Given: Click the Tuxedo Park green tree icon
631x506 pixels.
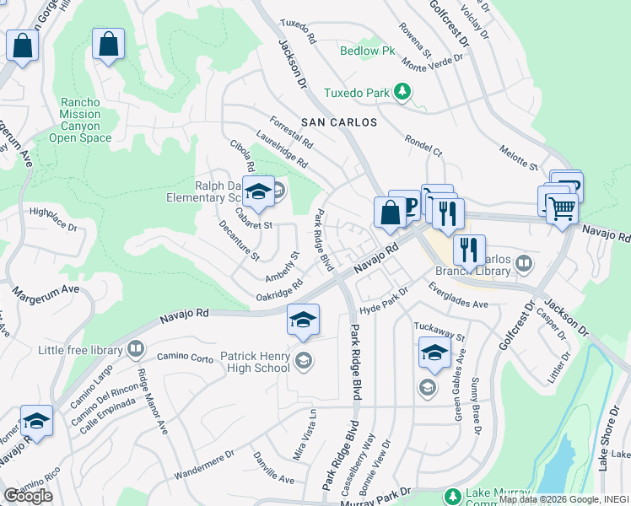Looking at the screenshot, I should (x=403, y=91).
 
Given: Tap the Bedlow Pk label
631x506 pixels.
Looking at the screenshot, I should (x=367, y=51).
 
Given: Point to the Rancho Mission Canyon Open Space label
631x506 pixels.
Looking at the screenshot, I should (x=80, y=120).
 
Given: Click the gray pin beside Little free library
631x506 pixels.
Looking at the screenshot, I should (x=135, y=349).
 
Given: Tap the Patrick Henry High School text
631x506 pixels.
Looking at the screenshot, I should (x=255, y=362).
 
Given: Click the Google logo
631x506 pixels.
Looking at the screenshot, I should (x=28, y=495).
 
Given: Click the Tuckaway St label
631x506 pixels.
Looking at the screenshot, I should (x=439, y=331).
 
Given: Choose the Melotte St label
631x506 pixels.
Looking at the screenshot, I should (x=518, y=157).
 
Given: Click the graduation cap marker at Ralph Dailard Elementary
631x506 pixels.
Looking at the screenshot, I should (x=260, y=191).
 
